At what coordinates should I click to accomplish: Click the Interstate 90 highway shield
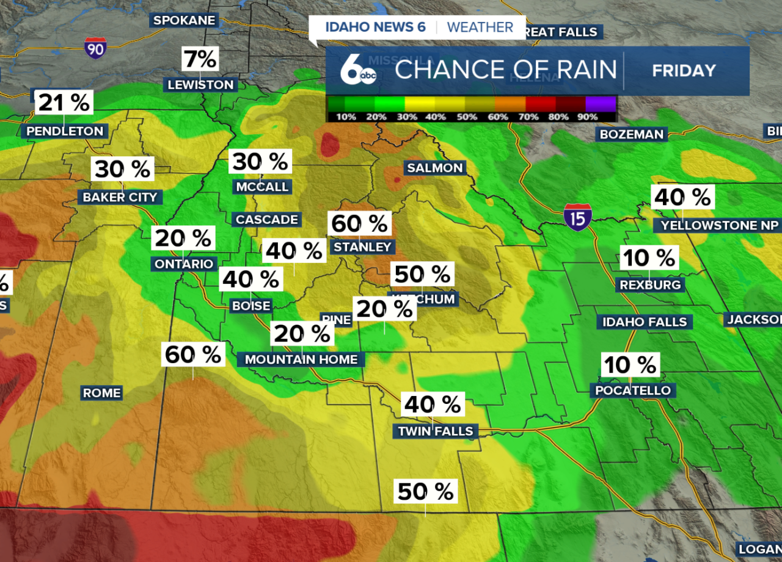[x=95, y=48]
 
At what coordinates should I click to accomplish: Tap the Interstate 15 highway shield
[x=577, y=217]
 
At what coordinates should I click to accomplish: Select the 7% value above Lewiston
[x=200, y=59]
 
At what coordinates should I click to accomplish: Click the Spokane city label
[x=184, y=20]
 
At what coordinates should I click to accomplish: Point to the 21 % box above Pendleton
[x=64, y=103]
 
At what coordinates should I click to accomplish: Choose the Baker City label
[x=120, y=197]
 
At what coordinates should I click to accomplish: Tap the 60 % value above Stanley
[x=359, y=224]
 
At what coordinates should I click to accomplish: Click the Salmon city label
[x=435, y=168]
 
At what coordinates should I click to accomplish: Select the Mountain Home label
[x=301, y=359]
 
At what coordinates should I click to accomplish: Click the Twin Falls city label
[x=436, y=431]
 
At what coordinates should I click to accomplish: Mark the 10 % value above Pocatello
[x=630, y=365]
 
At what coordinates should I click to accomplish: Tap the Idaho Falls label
[x=645, y=322]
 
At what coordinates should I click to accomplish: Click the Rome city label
[x=101, y=392]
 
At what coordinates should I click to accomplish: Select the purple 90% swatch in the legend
[x=600, y=104]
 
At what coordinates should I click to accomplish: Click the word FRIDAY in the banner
[x=684, y=71]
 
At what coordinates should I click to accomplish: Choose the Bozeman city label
[x=631, y=134]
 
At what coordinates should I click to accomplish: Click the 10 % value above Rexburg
[x=649, y=258]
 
